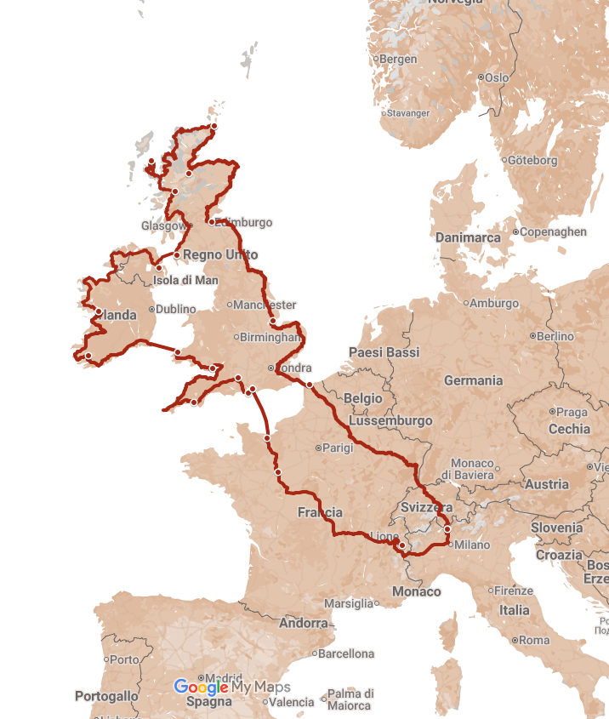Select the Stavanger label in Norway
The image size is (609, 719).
point(407,113)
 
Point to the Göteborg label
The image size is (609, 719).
point(532,160)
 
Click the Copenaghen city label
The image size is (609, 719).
point(553,231)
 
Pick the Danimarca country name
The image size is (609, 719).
point(468,237)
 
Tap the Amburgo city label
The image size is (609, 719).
point(494,303)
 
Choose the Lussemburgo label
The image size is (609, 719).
point(391,420)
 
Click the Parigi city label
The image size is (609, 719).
point(338,448)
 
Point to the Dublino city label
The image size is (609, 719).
point(176,309)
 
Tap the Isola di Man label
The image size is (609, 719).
point(185,280)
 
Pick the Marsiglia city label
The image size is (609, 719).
point(349,603)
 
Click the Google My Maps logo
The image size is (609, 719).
point(232,687)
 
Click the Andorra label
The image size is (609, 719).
point(304,623)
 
